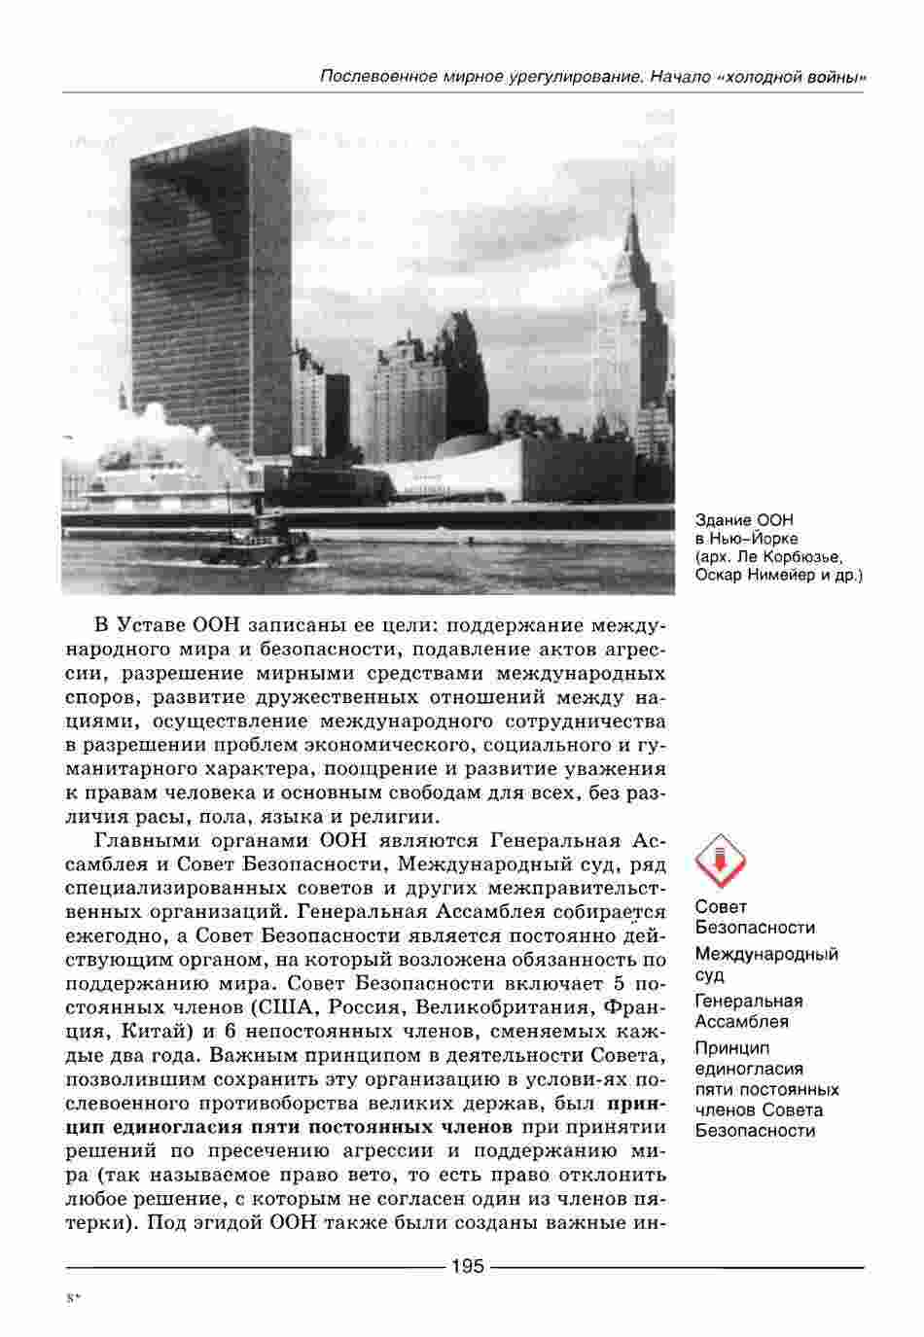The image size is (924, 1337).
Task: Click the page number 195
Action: pos(466,1266)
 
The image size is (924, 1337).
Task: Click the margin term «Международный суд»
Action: pos(765,965)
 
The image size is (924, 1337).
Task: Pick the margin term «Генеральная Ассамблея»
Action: pos(748,1010)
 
